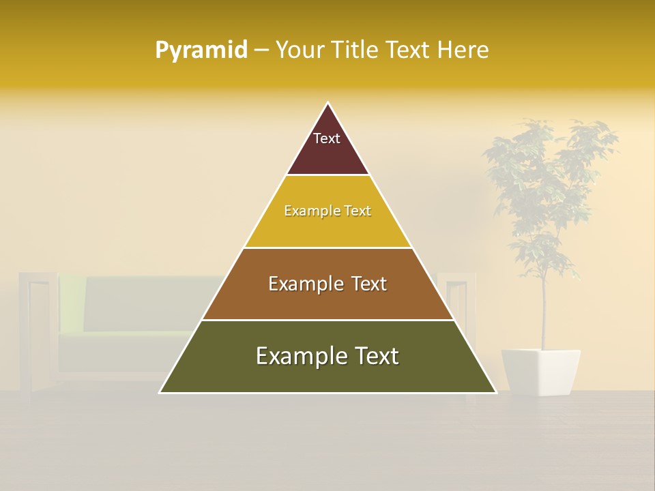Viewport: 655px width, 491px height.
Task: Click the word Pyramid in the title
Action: [x=201, y=50]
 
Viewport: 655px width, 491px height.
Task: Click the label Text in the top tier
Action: [x=327, y=138]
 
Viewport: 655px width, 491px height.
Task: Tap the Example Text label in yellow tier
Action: [x=327, y=211]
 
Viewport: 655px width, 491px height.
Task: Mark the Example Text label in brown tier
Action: [x=327, y=284]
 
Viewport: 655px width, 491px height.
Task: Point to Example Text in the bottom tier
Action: [x=327, y=356]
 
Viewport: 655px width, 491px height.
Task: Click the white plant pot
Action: [x=540, y=372]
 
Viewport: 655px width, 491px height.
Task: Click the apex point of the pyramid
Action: [x=327, y=104]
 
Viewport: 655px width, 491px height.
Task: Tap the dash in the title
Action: [x=261, y=50]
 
